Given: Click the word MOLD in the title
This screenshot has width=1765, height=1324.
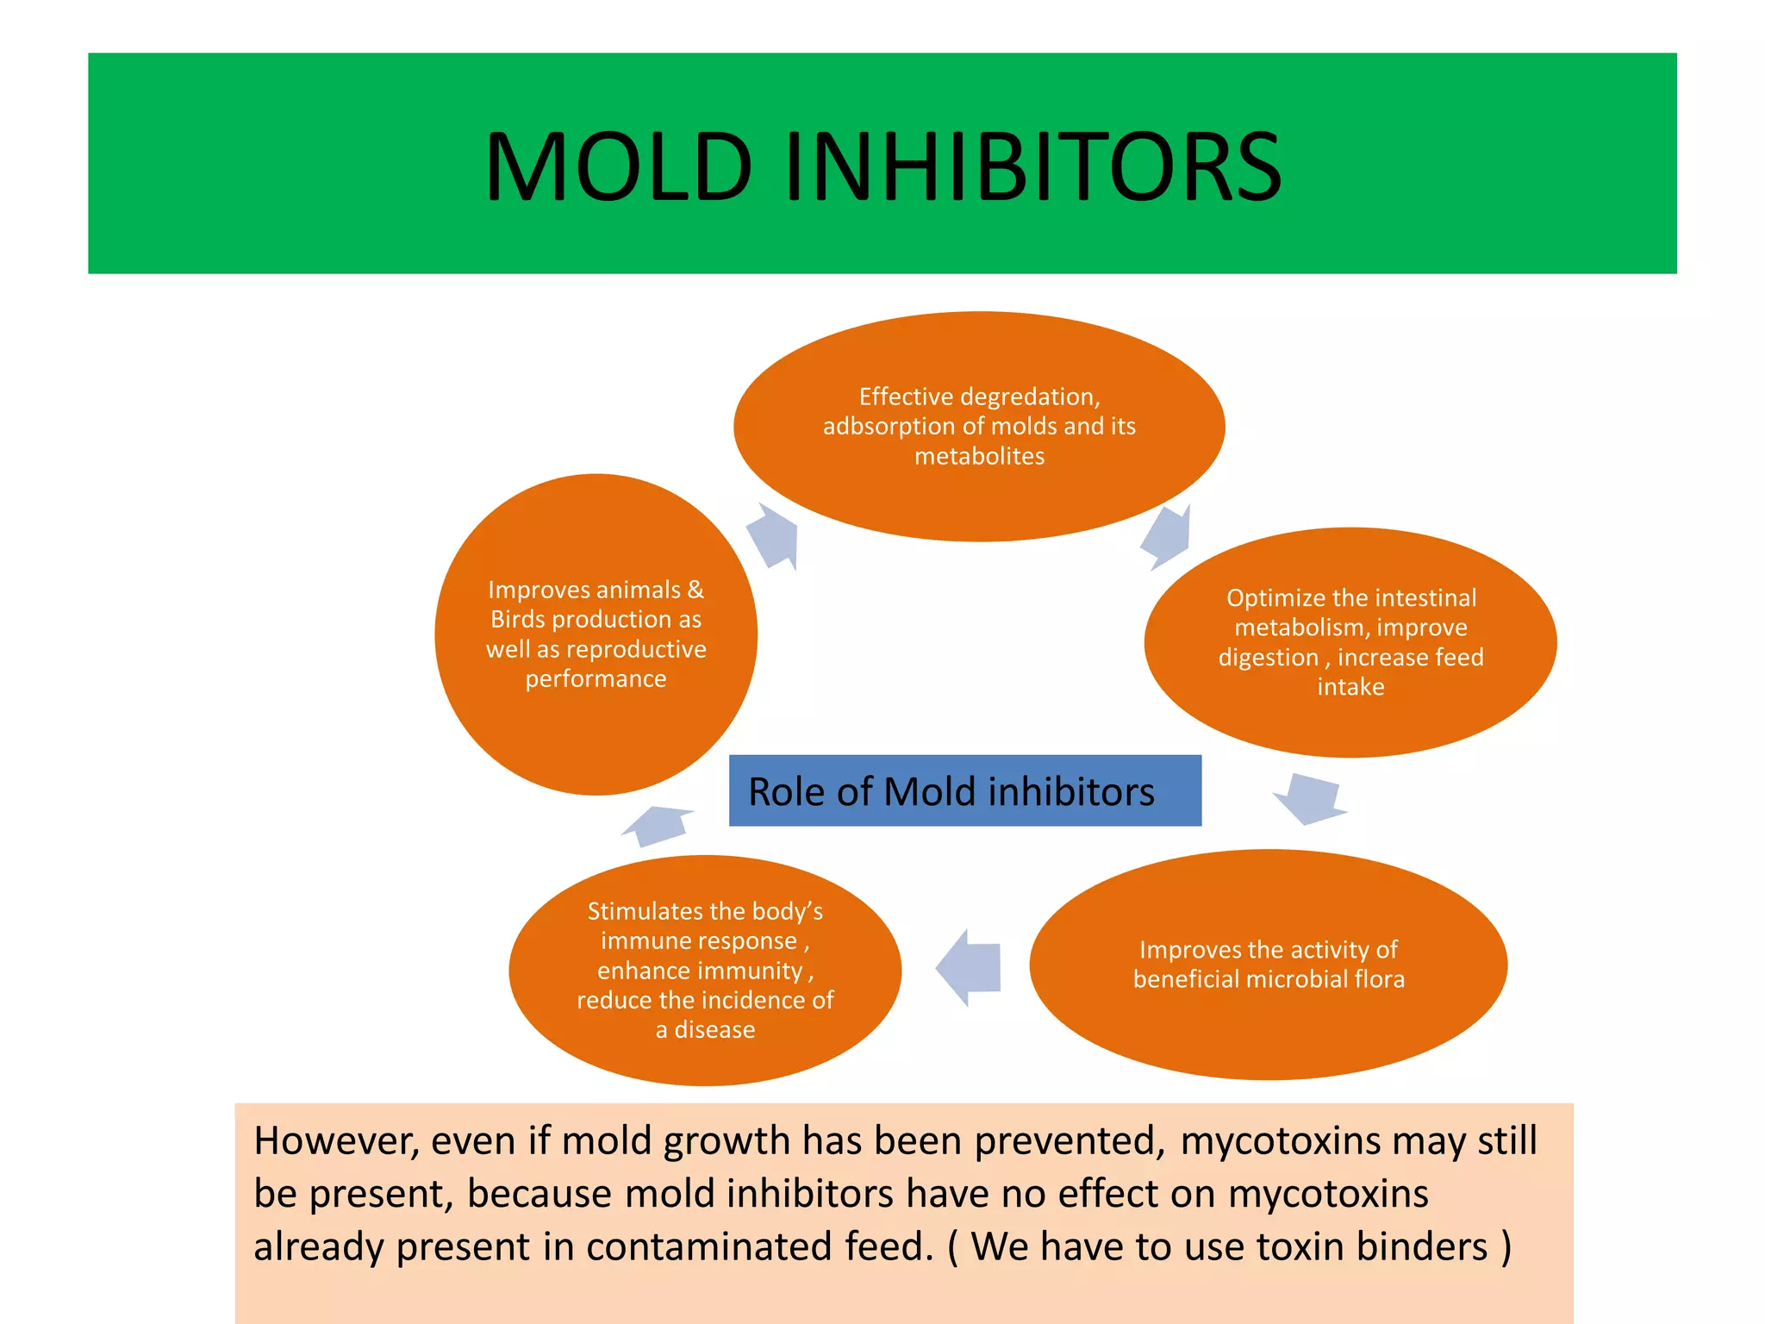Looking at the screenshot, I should [x=619, y=166].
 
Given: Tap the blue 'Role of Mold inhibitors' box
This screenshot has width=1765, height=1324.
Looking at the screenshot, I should [x=964, y=790].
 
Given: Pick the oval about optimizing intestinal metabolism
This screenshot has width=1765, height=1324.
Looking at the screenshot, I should [x=1350, y=724].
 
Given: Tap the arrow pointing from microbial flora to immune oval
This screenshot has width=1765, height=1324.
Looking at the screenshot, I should [x=970, y=967].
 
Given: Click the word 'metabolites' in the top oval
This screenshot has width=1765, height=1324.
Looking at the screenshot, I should [x=979, y=456].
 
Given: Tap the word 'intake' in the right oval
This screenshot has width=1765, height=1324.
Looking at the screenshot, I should [x=1350, y=687].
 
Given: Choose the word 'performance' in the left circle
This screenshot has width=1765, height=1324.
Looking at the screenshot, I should [x=596, y=679].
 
